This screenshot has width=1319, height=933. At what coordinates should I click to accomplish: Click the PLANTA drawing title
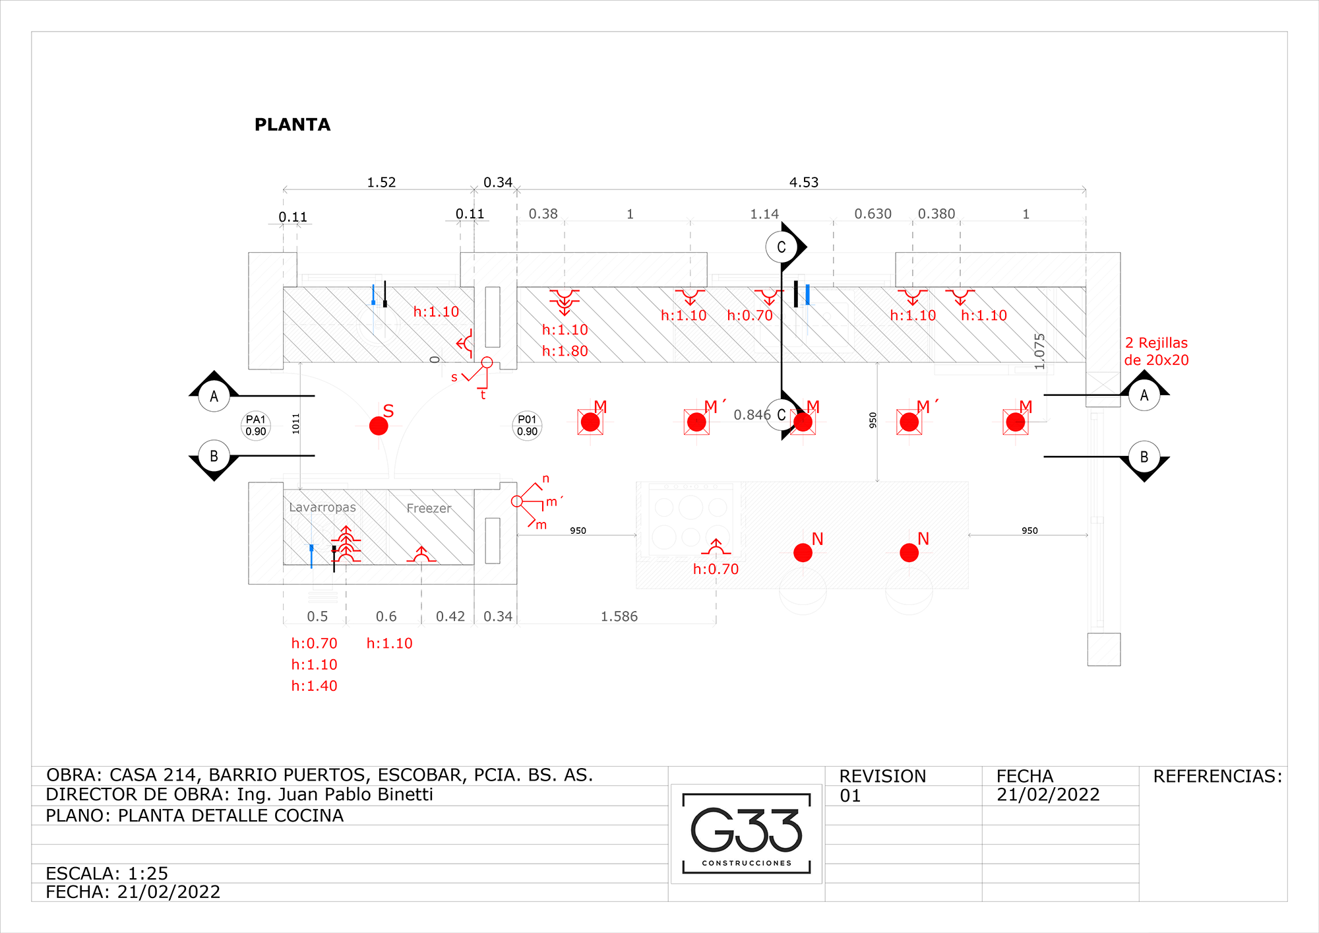(x=292, y=125)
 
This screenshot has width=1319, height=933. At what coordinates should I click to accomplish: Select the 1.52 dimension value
(x=381, y=182)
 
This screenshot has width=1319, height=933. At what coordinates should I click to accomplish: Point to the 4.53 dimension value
(x=804, y=182)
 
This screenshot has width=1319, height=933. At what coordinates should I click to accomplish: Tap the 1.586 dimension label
(x=619, y=616)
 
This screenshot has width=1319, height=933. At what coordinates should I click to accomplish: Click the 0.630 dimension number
(x=873, y=214)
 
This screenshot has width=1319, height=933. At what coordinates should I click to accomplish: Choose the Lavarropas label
(x=322, y=507)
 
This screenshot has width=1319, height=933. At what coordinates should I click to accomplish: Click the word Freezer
(x=429, y=508)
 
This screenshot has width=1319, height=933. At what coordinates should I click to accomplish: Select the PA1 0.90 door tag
(x=256, y=426)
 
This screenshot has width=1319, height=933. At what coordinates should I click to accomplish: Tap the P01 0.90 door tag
(x=527, y=426)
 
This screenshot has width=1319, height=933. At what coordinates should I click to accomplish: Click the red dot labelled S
(x=379, y=426)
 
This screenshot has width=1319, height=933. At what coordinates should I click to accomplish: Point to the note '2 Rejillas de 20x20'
(x=1157, y=351)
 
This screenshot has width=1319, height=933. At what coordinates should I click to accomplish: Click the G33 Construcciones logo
(x=747, y=833)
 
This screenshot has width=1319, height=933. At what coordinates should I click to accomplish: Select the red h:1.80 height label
(x=565, y=351)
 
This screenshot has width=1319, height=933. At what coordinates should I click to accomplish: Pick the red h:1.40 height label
(x=315, y=686)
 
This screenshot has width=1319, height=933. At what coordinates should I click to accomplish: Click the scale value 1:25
(x=148, y=874)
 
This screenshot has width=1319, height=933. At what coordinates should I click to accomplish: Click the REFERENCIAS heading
(x=1217, y=776)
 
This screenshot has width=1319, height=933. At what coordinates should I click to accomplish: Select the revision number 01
(x=850, y=796)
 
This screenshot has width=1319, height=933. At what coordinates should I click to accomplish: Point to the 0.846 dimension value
(x=752, y=414)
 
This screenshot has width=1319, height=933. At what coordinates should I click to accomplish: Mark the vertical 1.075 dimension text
(x=1040, y=351)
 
